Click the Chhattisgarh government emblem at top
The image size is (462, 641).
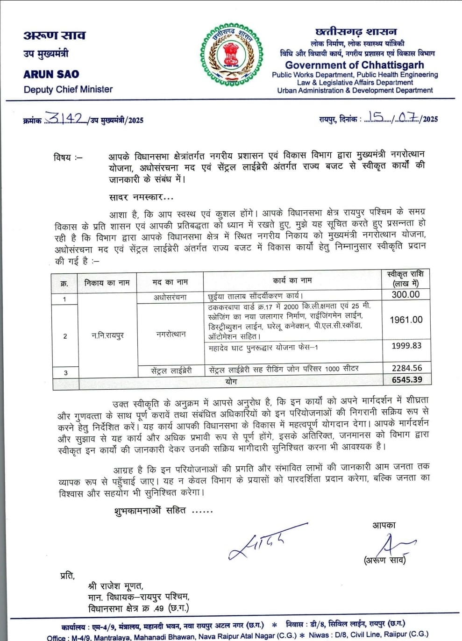coord(232,55)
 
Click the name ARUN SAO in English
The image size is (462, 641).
coord(51,74)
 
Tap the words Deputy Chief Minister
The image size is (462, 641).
coord(68,89)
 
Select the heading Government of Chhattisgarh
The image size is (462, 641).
coord(355,65)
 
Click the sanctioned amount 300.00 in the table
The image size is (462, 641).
coord(405,294)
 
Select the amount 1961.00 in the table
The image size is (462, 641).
coord(406,320)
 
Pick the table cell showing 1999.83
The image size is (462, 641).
coord(406,346)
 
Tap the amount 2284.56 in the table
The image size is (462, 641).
coord(406,368)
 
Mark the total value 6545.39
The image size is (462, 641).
coord(407,380)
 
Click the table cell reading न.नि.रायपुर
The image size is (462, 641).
coord(107,335)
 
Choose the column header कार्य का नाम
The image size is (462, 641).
coord(292,280)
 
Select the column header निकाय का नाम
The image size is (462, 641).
coord(107,282)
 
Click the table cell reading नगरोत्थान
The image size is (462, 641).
coord(171,334)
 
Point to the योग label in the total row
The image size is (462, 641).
coord(231,381)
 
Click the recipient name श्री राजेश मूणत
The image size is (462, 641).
coord(115,586)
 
